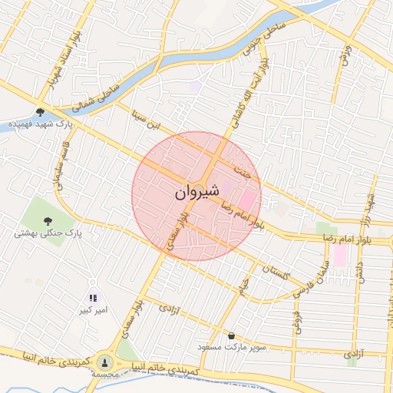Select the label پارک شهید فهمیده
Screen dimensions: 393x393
pyautogui.click(x=41, y=124)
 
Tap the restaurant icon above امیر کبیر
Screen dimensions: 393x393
pyautogui.click(x=92, y=298)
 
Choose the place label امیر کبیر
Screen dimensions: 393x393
pyautogui.click(x=91, y=311)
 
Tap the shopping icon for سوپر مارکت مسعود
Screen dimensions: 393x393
pyautogui.click(x=232, y=335)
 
